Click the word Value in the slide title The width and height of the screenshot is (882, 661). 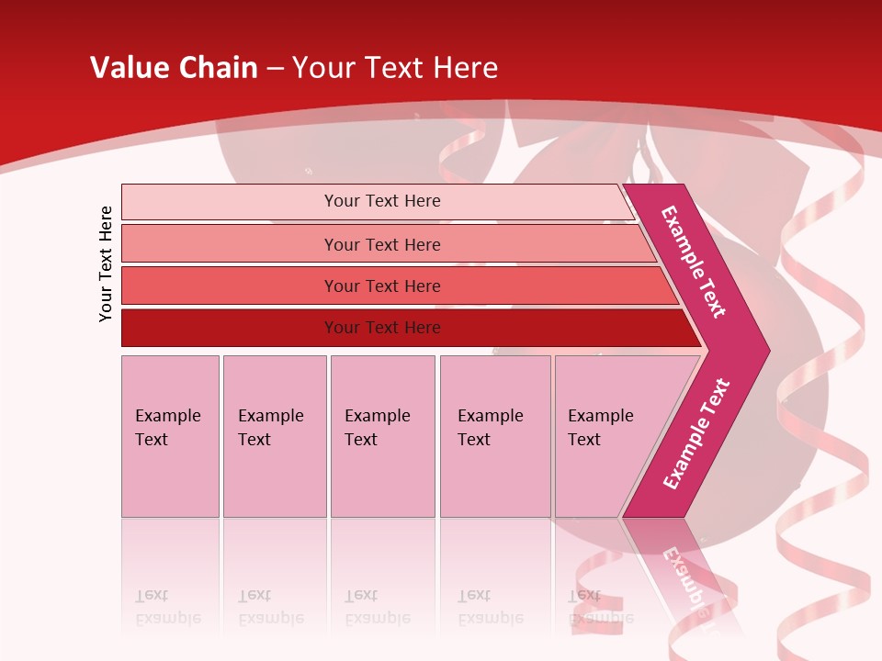129,68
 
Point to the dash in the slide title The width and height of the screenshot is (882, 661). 275,69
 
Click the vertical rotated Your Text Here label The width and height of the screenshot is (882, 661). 106,263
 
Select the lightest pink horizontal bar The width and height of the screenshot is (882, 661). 230,202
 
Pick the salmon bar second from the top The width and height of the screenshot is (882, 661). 230,244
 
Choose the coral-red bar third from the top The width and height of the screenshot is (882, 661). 230,286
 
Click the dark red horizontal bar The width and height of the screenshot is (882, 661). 230,328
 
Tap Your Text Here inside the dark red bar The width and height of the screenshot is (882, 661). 382,328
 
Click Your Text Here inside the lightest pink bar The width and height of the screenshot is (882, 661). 382,201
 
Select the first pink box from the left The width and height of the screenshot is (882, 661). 170,436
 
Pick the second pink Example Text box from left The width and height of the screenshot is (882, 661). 274,436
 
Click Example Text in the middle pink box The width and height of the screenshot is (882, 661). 377,428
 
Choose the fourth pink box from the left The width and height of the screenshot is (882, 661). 495,436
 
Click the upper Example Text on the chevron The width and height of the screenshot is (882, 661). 694,262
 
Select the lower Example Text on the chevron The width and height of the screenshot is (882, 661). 696,433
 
